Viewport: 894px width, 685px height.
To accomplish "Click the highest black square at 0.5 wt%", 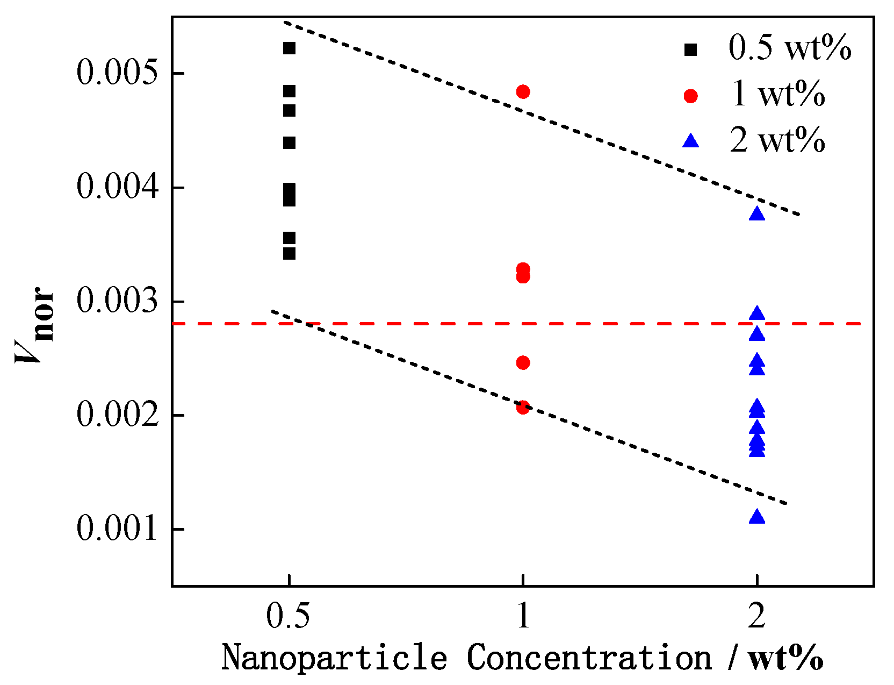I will point(289,48).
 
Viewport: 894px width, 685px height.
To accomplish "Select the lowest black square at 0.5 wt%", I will point(289,253).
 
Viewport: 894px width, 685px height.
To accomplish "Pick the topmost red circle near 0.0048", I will point(523,91).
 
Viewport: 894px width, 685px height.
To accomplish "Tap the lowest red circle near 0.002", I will point(523,407).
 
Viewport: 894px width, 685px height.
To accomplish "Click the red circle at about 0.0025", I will point(523,362).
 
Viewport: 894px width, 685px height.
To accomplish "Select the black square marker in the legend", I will point(690,49).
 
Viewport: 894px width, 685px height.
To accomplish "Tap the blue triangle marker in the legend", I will point(690,141).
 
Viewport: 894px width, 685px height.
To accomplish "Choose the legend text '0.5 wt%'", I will point(789,47).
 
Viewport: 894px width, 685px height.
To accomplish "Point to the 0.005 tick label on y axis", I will point(118,73).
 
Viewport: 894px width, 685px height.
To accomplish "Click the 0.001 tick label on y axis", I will point(118,529).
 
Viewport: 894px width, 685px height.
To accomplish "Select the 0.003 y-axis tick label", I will point(118,301).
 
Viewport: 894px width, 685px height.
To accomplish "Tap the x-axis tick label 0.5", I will point(289,616).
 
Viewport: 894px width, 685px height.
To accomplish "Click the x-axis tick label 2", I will point(756,616).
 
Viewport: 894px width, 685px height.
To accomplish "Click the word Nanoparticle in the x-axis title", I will point(334,658).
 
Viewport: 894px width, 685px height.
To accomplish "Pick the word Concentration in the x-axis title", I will point(589,658).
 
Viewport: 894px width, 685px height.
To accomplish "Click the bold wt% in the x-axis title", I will point(787,658).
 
